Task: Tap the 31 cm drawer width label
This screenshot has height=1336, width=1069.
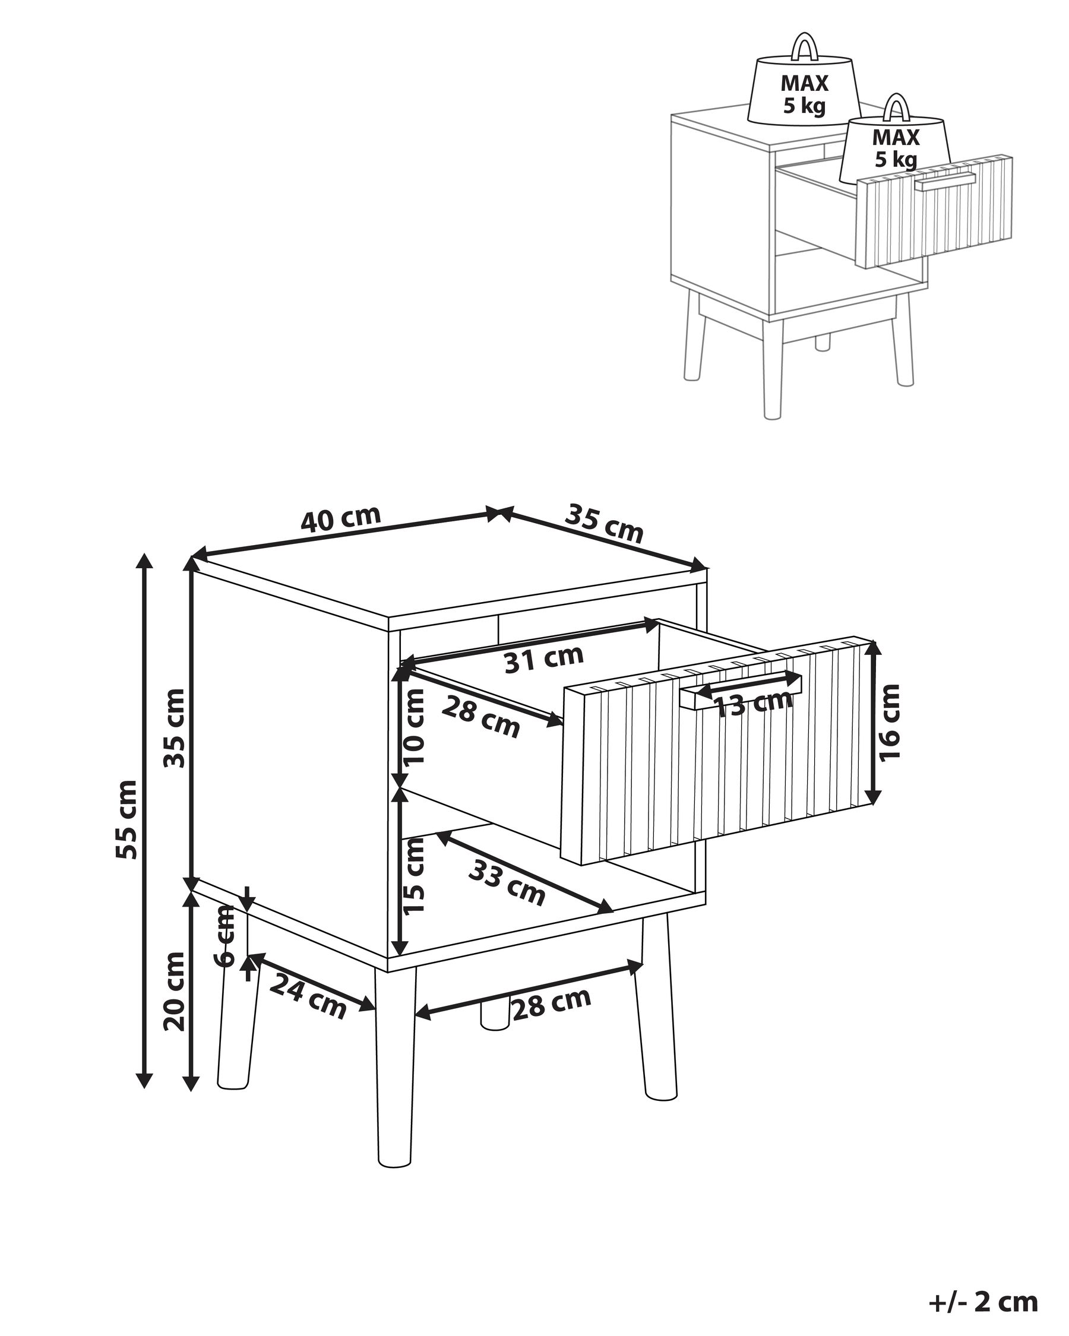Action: tap(543, 659)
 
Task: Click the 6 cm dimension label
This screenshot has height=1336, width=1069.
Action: tap(224, 936)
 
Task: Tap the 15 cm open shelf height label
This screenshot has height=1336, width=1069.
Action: tap(414, 875)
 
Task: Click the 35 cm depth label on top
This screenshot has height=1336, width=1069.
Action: tap(604, 524)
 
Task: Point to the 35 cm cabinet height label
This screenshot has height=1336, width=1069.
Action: tap(174, 728)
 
